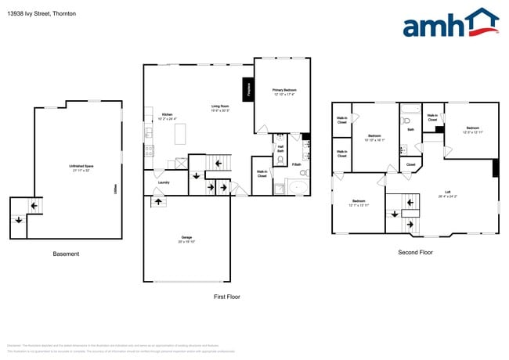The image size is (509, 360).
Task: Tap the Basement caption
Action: (66, 254)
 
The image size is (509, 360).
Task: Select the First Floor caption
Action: (227, 297)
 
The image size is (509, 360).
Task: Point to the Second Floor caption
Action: (416, 252)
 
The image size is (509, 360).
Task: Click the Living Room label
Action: (220, 108)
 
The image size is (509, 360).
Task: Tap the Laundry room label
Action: (164, 182)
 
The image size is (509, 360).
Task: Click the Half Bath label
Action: (280, 148)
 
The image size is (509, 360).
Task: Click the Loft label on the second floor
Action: (447, 193)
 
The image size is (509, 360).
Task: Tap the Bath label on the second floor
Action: (410, 130)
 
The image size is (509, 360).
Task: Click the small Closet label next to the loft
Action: (410, 164)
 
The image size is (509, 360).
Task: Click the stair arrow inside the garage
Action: (157, 202)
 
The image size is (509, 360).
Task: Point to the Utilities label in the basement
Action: (115, 189)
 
